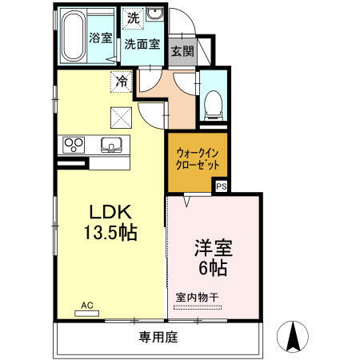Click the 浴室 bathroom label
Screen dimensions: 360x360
(99, 37)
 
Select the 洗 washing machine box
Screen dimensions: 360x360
(132, 17)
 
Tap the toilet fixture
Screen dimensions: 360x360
(214, 102)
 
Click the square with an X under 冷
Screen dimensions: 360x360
(122, 118)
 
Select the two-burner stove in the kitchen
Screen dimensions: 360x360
(74, 146)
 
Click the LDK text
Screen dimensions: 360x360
(109, 213)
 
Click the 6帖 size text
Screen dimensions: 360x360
(213, 267)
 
